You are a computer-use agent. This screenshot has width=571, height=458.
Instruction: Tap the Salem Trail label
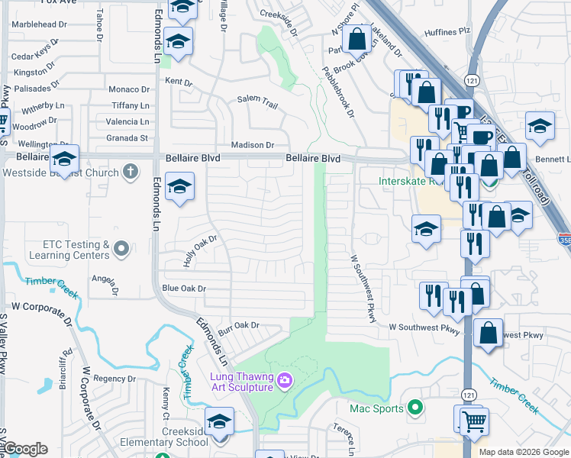(257, 100)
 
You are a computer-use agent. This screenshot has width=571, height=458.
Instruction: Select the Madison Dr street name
(253, 145)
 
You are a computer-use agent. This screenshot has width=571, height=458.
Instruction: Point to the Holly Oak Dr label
(200, 250)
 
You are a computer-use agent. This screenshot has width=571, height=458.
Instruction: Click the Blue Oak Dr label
(184, 289)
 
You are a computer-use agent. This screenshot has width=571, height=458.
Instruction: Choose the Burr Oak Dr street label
(239, 325)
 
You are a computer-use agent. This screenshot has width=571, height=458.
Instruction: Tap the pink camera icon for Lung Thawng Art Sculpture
(285, 379)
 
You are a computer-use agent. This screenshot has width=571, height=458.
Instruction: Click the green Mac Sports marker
(415, 408)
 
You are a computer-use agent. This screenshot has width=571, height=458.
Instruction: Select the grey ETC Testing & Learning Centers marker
(120, 248)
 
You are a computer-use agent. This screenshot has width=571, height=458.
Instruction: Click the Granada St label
(127, 138)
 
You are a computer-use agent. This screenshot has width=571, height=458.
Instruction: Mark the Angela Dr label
(105, 283)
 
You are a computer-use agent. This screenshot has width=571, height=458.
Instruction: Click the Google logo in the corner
(24, 449)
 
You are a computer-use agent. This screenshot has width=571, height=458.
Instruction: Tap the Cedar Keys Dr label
(34, 58)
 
